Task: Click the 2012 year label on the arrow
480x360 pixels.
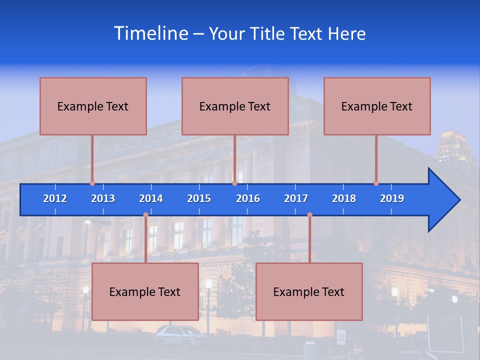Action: (55, 198)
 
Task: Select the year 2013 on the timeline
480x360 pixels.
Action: (103, 198)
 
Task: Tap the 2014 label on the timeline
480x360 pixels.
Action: (151, 198)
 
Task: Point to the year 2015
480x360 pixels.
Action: (199, 198)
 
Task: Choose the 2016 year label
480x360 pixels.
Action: (248, 198)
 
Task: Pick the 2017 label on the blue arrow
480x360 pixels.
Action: (296, 198)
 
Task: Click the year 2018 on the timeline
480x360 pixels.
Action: (344, 198)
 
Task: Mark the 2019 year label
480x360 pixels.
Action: (392, 198)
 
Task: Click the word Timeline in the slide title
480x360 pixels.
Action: (150, 33)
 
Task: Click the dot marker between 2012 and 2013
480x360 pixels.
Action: (92, 183)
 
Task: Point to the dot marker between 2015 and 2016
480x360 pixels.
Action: (234, 183)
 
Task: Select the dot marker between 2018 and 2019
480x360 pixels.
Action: (376, 183)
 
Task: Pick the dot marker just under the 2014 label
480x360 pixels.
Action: (145, 215)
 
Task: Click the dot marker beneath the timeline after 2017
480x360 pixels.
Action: (309, 215)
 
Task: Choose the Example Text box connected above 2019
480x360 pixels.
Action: (377, 106)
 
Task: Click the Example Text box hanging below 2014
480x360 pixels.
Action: (145, 291)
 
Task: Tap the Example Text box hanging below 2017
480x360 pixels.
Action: (309, 291)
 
